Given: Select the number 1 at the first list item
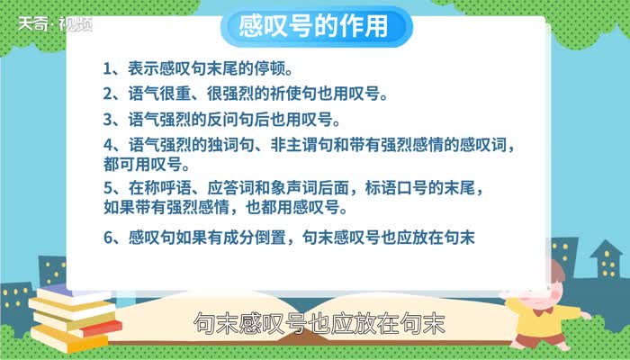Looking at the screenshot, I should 107,68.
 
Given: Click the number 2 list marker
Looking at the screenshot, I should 107,94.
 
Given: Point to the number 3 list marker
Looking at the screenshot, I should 107,119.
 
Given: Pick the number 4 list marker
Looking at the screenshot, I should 107,145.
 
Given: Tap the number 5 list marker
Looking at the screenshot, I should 107,189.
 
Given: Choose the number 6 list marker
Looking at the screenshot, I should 107,238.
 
